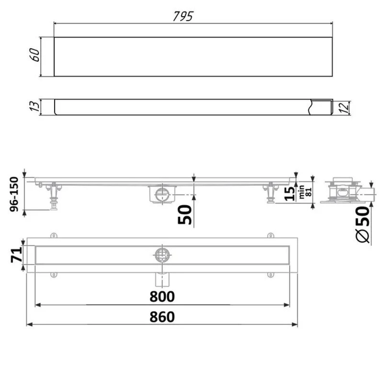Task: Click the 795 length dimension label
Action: [183, 16]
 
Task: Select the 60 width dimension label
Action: [35, 55]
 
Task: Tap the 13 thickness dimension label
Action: [34, 106]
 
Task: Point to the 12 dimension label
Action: [344, 107]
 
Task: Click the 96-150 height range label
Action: [14, 194]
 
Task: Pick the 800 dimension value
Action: [162, 296]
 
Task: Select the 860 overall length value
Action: [162, 317]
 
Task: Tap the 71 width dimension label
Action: [16, 255]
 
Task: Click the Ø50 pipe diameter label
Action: [363, 224]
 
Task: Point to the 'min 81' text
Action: [305, 192]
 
